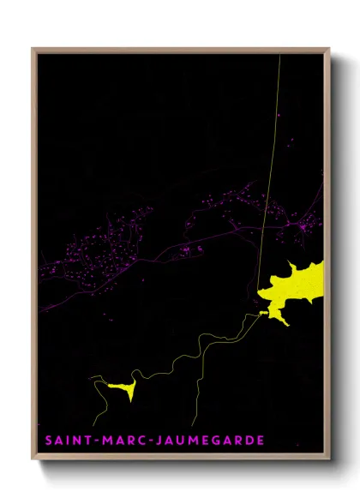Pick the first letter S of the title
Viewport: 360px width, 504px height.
tap(49, 441)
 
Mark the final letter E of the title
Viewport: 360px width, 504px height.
tap(261, 441)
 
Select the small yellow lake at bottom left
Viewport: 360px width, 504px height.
tap(121, 388)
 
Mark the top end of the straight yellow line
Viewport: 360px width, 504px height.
tap(280, 57)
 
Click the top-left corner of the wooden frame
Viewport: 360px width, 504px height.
tap(33, 49)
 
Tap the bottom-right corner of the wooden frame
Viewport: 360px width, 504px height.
tap(330, 459)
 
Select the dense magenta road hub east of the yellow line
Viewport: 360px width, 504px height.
tap(304, 226)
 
